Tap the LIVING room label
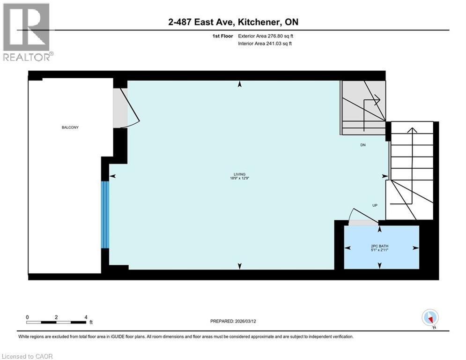click(x=240, y=174)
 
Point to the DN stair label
click(x=363, y=145)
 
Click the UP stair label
click(x=375, y=205)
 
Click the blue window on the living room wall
click(x=105, y=214)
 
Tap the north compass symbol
click(x=429, y=318)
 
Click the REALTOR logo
click(x=27, y=32)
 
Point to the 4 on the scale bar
click(x=86, y=317)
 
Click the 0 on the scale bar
click(x=27, y=317)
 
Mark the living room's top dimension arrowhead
click(x=240, y=84)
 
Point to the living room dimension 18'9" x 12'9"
click(x=240, y=179)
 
